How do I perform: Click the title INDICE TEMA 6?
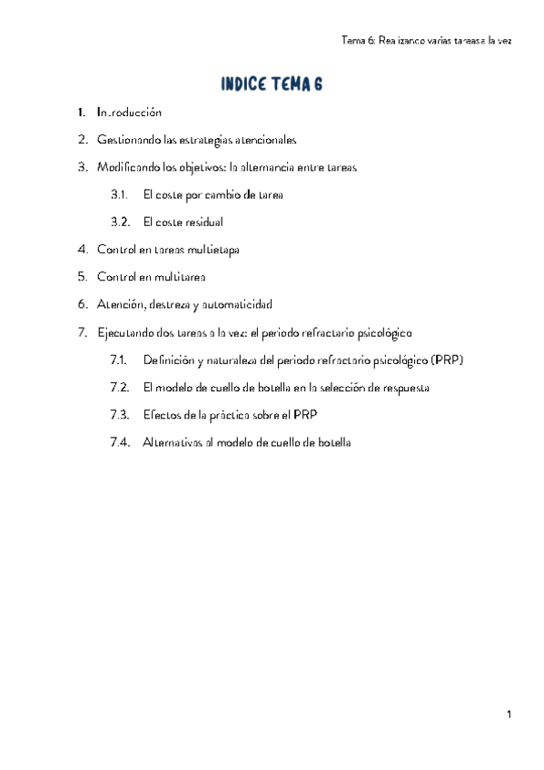click(272, 85)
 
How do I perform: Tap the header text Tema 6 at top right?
click(358, 40)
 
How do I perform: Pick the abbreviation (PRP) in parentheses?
click(448, 360)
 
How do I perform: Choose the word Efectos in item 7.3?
click(162, 414)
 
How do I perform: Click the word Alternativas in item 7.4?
click(174, 442)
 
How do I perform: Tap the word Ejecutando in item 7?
click(126, 332)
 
